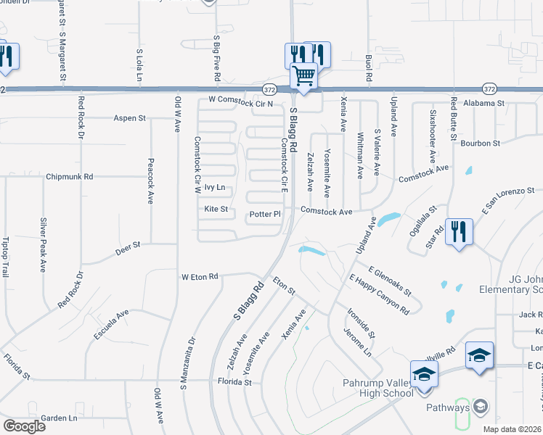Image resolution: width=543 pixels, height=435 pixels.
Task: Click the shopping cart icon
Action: [x=303, y=75]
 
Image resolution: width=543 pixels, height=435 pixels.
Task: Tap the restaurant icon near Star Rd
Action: [x=459, y=232]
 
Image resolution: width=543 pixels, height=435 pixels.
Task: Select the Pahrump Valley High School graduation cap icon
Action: [x=423, y=374]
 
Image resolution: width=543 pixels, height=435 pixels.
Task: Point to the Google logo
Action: [x=24, y=426]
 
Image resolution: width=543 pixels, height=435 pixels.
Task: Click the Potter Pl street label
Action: [x=265, y=214]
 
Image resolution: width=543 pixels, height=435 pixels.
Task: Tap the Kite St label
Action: [x=216, y=210]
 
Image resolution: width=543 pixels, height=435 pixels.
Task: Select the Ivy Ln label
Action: [x=214, y=187]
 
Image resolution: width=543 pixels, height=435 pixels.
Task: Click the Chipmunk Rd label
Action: [x=69, y=176]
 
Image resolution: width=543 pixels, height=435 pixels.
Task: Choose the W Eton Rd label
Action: [x=200, y=276]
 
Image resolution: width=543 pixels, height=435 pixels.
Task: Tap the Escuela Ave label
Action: [x=111, y=324]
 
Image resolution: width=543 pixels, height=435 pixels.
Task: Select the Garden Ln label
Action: [x=59, y=418]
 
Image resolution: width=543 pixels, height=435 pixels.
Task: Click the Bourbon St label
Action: [x=486, y=143]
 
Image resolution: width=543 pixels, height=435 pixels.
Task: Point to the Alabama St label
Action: [x=483, y=104]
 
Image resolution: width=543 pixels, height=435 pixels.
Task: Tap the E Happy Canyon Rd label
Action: [x=379, y=294]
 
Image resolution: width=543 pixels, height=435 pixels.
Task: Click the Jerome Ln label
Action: [x=359, y=344]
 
